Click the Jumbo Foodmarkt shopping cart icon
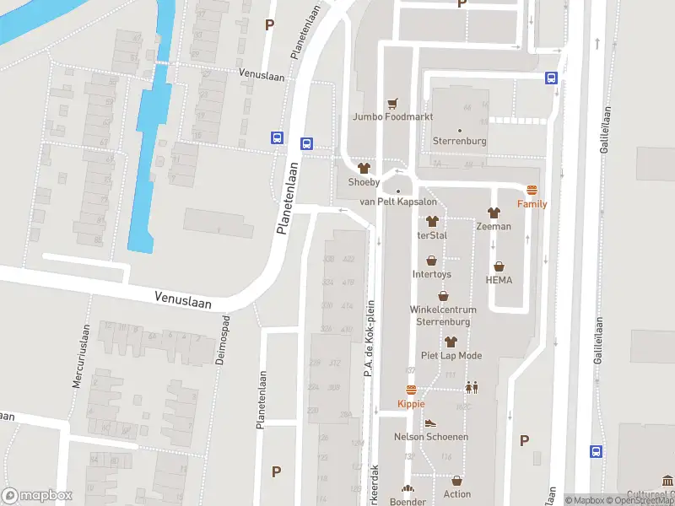(x=392, y=104)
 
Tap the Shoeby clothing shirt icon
(x=364, y=169)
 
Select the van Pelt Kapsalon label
(x=398, y=202)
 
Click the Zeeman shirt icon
(x=493, y=213)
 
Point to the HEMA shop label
(x=499, y=280)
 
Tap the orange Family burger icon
(x=532, y=191)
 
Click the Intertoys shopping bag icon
(x=431, y=261)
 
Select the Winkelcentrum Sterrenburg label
(x=443, y=315)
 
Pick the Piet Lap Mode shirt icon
(x=451, y=342)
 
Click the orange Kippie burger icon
(x=411, y=390)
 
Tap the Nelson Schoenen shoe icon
(x=430, y=423)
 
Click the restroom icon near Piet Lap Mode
(x=471, y=387)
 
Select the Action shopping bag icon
(x=456, y=481)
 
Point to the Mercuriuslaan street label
(x=82, y=357)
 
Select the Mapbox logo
(x=37, y=496)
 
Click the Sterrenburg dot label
(x=459, y=140)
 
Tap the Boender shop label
(x=408, y=501)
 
